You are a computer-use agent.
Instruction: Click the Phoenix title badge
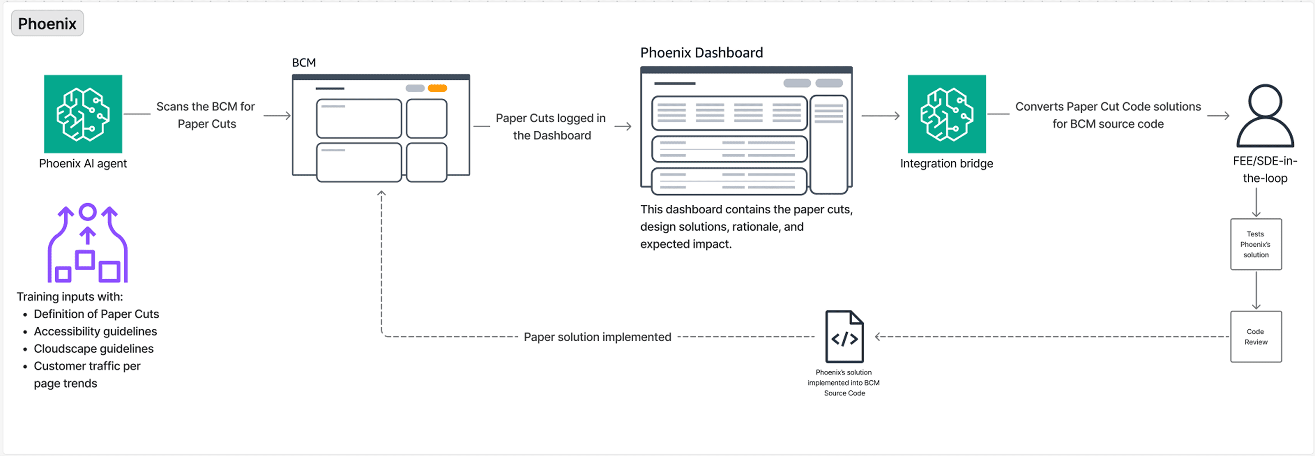point(47,24)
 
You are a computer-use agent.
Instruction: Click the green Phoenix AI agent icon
point(83,114)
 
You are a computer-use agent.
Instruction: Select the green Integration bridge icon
point(946,114)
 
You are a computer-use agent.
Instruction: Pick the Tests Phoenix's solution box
point(1256,244)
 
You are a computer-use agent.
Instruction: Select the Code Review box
point(1256,336)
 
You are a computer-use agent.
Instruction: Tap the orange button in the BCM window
point(437,88)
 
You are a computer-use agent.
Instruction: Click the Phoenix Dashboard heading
point(701,53)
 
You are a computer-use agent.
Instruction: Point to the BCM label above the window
point(304,63)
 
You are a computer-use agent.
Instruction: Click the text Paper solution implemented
point(597,337)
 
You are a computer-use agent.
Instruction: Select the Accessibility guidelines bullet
point(95,332)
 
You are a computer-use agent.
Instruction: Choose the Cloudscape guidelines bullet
point(93,349)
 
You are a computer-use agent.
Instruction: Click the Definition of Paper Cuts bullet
point(96,314)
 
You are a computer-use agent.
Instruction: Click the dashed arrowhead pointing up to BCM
point(381,194)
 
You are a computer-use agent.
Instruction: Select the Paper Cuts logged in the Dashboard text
point(551,127)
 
